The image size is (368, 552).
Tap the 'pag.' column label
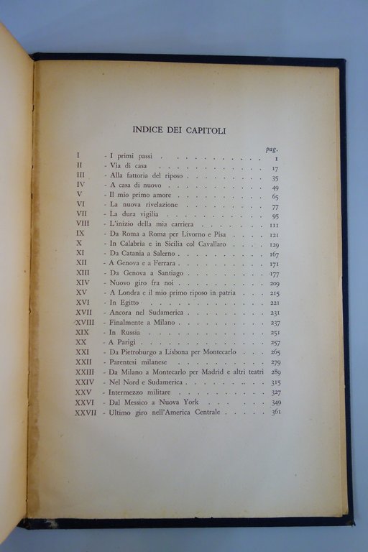point(271,148)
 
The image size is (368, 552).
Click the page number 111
point(274,225)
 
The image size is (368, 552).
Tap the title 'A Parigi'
point(124,343)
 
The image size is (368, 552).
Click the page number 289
point(275,372)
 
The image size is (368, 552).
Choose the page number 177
point(274,274)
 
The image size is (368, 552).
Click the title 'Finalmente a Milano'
point(142,323)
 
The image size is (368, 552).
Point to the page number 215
point(275,293)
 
